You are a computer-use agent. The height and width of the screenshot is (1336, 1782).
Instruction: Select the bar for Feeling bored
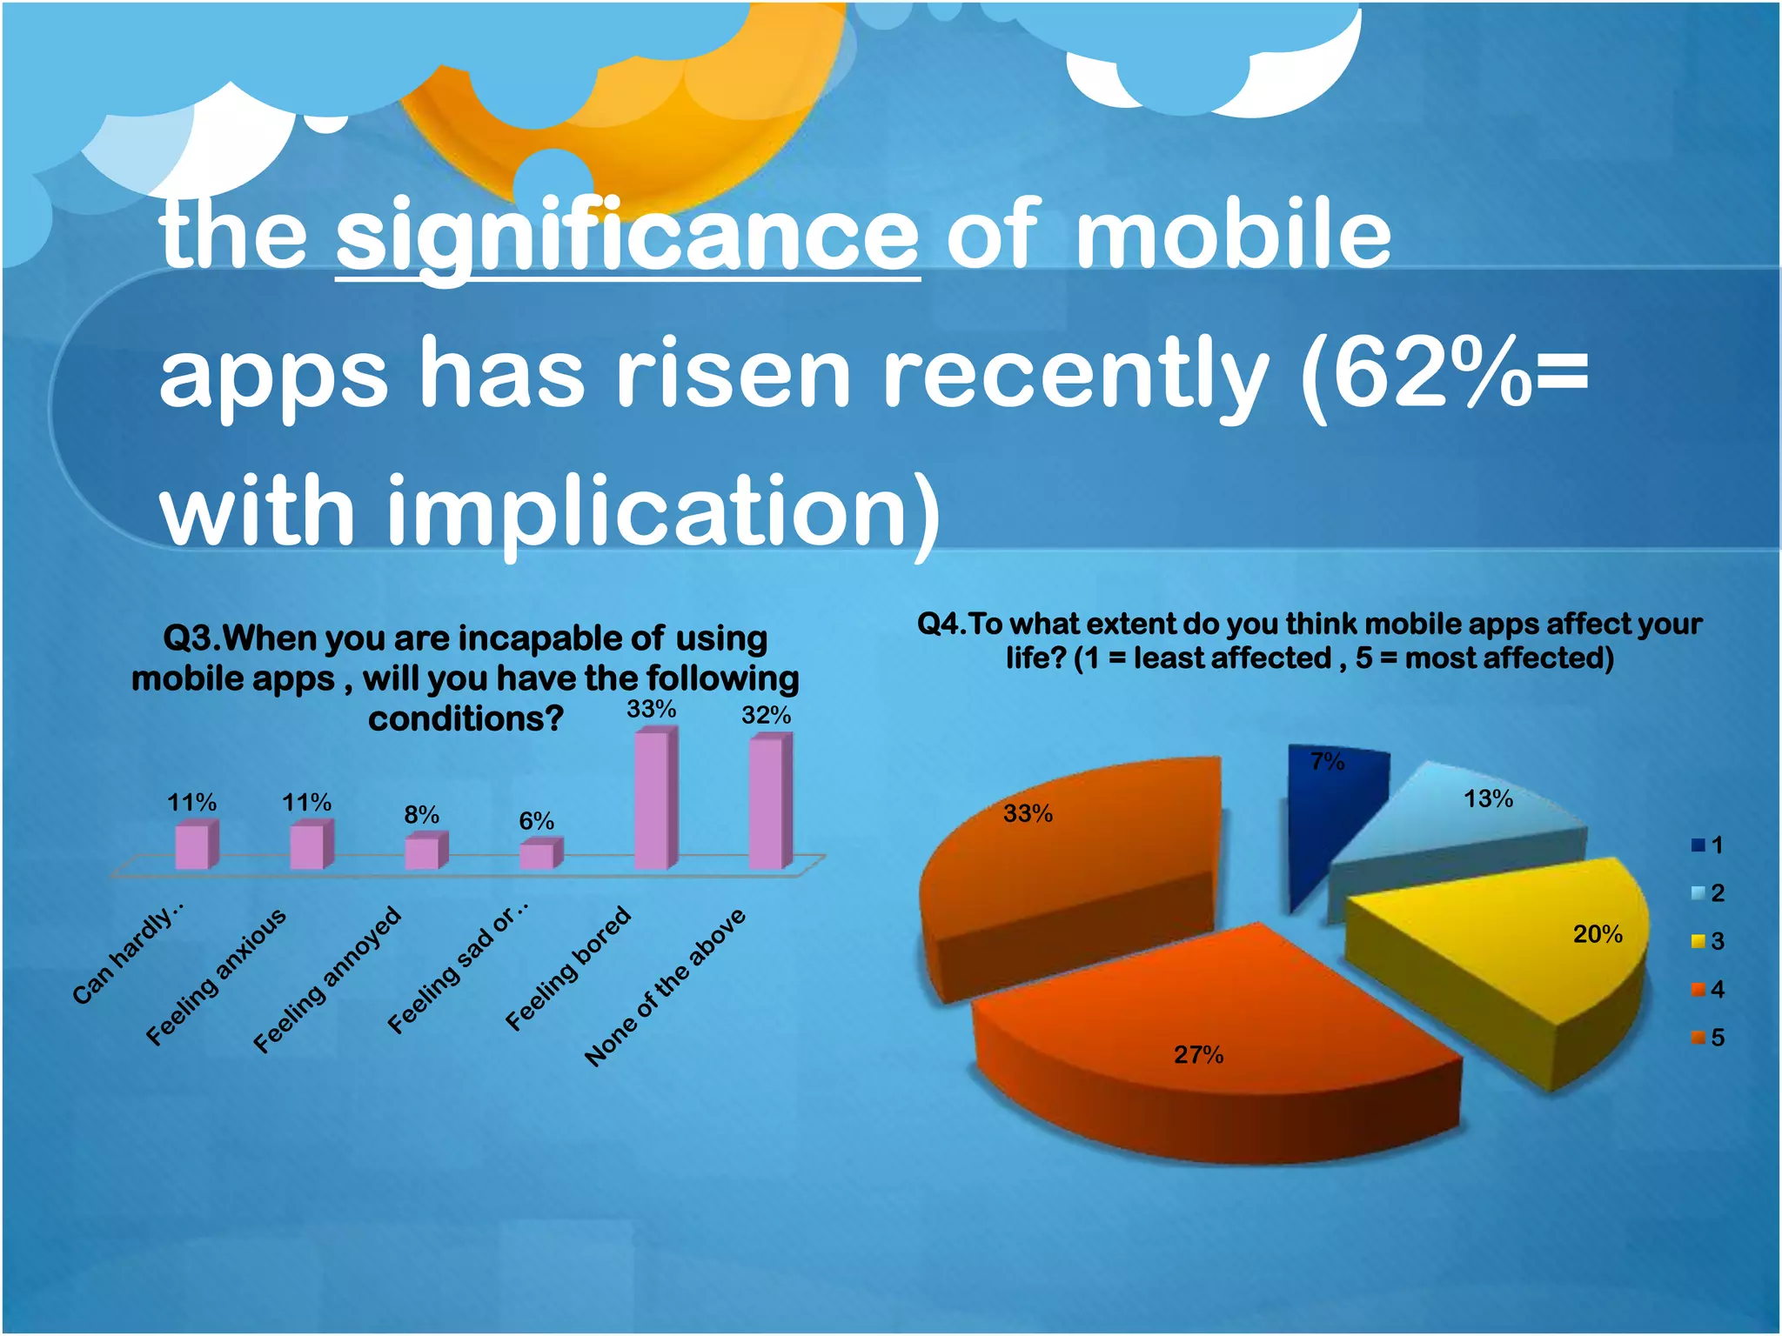654,800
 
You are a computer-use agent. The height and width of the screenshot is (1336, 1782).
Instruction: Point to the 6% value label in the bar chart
536,820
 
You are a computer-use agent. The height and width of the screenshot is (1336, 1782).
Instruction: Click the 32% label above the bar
766,715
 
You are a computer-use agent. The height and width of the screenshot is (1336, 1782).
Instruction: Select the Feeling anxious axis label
215,976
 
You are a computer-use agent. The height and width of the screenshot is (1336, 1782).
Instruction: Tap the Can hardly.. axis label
128,954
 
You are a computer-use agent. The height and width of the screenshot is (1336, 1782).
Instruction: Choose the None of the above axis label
665,987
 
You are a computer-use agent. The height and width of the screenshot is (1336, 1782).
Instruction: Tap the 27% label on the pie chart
1198,1055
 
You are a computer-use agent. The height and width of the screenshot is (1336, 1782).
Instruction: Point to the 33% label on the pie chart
1028,814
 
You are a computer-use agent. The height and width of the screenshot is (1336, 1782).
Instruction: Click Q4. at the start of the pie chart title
941,624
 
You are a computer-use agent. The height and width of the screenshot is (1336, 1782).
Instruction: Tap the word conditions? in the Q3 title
466,719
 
